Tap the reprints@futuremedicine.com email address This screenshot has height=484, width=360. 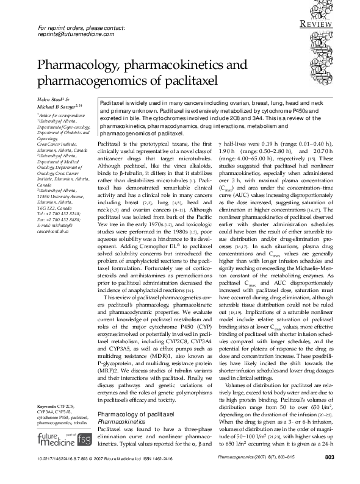76,35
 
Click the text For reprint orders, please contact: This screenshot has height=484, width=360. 81,28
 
